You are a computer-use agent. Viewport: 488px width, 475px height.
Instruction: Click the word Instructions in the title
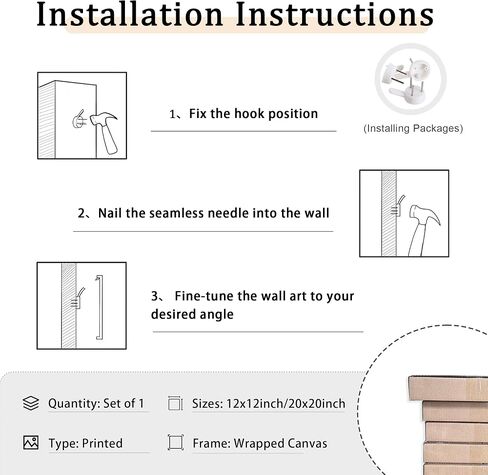click(x=335, y=14)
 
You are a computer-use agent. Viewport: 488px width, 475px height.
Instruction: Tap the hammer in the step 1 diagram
click(x=105, y=132)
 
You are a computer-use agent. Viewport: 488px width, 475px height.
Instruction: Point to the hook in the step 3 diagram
click(x=78, y=299)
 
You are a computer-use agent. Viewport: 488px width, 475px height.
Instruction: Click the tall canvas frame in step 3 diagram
click(x=99, y=307)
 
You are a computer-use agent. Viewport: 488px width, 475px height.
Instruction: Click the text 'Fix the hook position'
click(x=253, y=114)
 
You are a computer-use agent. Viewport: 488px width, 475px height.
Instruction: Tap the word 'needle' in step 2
click(x=228, y=213)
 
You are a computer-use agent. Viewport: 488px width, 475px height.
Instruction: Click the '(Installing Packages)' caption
click(x=413, y=128)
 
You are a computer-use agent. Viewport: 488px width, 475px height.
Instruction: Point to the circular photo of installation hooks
click(x=410, y=79)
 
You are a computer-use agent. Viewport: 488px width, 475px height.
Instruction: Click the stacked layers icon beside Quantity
click(x=31, y=403)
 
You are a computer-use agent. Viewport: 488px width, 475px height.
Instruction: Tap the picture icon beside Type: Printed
click(x=31, y=443)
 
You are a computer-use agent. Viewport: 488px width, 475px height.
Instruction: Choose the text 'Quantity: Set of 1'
click(x=96, y=403)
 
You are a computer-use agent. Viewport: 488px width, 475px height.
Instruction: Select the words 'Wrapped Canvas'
click(x=280, y=443)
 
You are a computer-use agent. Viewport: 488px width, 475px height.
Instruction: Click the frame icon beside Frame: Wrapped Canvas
click(x=175, y=443)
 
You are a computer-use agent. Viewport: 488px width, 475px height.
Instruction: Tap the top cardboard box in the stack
click(x=448, y=389)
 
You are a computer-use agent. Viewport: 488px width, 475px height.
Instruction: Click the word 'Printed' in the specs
click(x=102, y=443)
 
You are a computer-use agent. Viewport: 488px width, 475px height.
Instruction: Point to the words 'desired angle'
click(x=192, y=314)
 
